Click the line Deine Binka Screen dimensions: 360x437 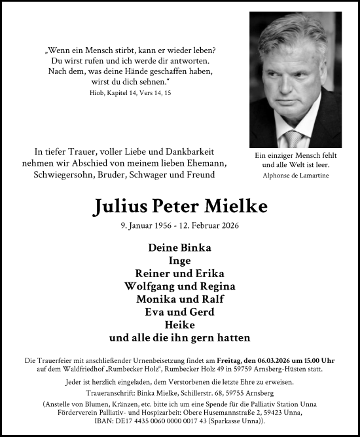[x=180, y=248]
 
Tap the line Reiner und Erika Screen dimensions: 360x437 [x=180, y=274]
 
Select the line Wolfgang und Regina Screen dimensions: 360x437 [x=180, y=286]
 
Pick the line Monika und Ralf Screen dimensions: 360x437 [x=180, y=299]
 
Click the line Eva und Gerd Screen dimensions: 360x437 [x=180, y=312]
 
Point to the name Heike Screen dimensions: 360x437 [x=180, y=325]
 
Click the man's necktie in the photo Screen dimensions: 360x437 [x=294, y=139]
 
